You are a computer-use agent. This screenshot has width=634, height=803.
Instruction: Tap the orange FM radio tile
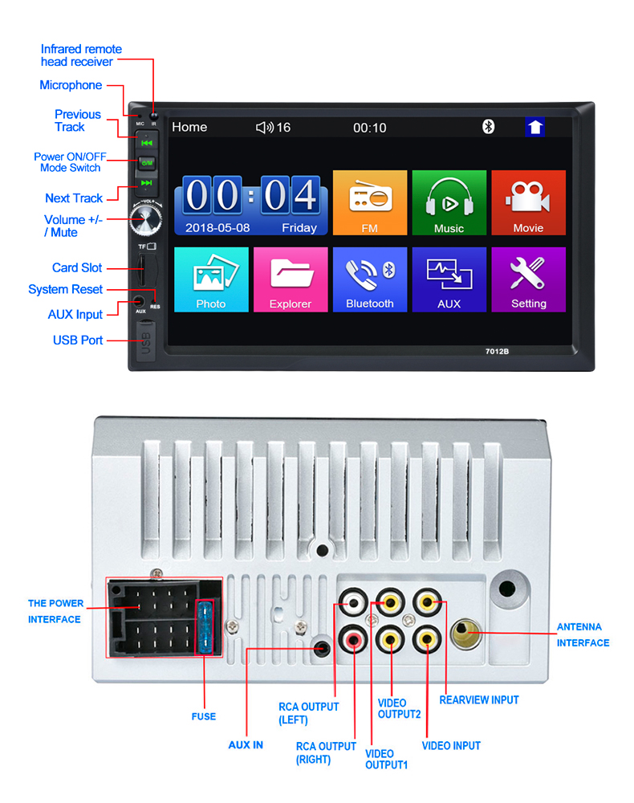[x=369, y=202]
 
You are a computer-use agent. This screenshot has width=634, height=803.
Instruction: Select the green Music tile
[x=449, y=202]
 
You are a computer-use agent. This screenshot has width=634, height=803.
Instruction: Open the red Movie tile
[x=528, y=202]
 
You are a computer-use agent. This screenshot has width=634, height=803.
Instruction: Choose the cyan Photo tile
[x=210, y=279]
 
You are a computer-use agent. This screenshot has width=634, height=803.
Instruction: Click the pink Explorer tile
[x=290, y=279]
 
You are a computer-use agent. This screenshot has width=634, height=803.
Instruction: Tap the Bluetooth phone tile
[x=369, y=279]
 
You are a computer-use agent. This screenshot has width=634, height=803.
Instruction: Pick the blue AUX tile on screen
[x=449, y=279]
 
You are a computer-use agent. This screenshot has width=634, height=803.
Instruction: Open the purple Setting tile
[x=528, y=279]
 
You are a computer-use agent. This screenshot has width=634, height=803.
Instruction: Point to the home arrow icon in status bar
[x=535, y=127]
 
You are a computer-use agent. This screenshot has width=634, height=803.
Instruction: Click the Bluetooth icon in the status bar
[x=488, y=127]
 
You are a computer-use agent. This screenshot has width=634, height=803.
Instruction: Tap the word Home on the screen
[x=189, y=127]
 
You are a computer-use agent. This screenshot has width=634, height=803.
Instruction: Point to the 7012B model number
[x=498, y=350]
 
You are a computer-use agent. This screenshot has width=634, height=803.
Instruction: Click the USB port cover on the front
[x=145, y=341]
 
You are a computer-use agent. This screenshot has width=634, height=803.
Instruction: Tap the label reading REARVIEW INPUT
[x=479, y=700]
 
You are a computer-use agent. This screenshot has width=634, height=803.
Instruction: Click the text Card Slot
[x=77, y=268]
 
